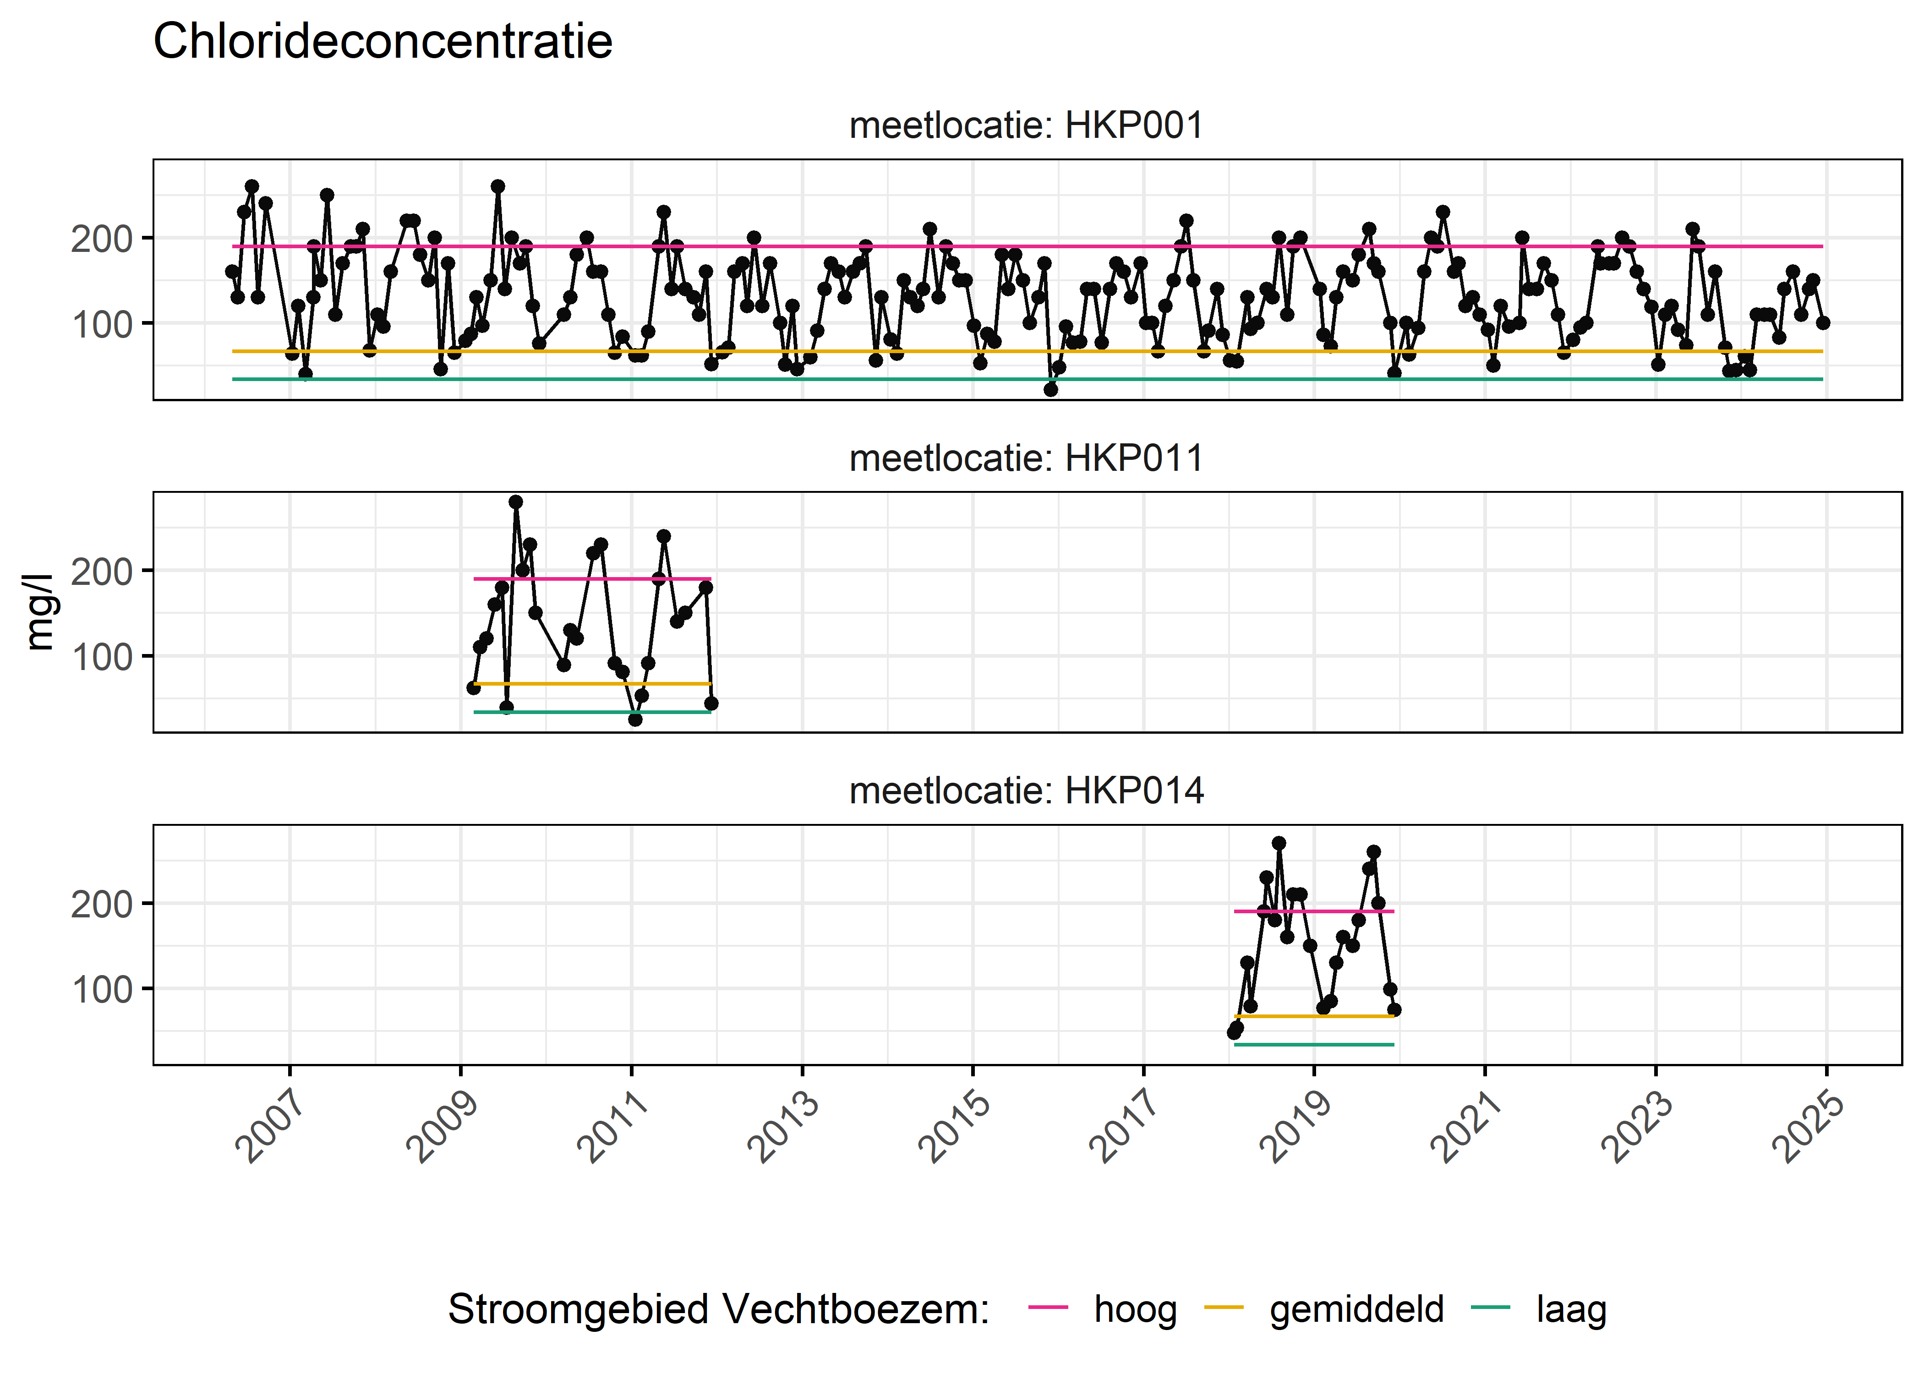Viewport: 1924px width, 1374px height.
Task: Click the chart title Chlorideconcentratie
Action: [383, 42]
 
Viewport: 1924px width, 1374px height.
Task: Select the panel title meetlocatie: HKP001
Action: [1026, 126]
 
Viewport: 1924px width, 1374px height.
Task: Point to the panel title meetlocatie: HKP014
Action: [1026, 791]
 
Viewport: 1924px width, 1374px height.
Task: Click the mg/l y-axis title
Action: [39, 612]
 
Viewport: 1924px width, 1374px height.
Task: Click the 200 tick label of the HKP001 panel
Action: [102, 240]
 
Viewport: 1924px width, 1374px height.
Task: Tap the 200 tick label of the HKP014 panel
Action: [102, 905]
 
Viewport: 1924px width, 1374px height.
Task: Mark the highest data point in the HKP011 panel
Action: [515, 502]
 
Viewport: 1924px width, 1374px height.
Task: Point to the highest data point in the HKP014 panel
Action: [1279, 844]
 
